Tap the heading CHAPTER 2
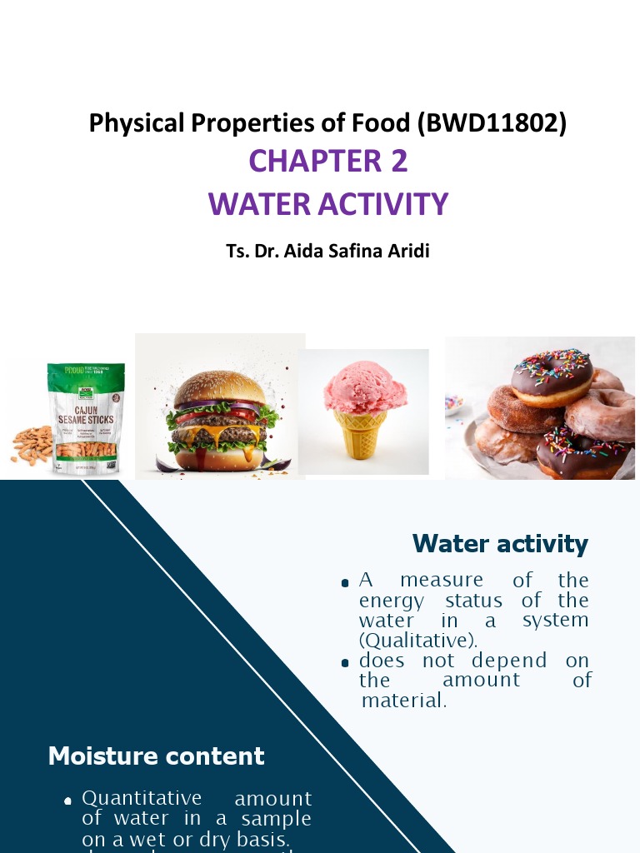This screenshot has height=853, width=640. (328, 161)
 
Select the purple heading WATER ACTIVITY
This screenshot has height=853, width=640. (328, 203)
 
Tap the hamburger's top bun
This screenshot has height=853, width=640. (220, 388)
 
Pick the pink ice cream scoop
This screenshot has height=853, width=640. (365, 387)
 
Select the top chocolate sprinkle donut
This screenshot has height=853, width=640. (552, 377)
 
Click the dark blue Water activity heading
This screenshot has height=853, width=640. (500, 544)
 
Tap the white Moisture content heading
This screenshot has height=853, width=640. (157, 756)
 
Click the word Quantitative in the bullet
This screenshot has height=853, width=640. (142, 799)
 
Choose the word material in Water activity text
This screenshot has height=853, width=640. (405, 701)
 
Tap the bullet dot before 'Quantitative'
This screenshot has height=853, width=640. (68, 801)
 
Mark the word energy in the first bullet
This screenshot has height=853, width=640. (392, 601)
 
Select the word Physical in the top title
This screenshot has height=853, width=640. (137, 123)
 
